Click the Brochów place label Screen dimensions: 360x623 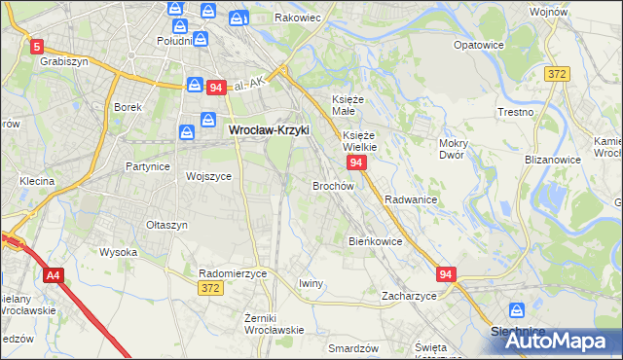(332, 185)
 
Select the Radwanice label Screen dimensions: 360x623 (410, 198)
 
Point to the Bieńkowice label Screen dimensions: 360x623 (375, 240)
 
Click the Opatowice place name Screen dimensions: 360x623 (479, 45)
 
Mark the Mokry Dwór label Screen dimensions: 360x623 (455, 149)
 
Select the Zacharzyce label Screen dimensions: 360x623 (409, 295)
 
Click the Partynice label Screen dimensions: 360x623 (148, 166)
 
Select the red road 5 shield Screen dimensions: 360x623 (37, 46)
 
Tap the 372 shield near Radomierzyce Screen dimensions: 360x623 (208, 288)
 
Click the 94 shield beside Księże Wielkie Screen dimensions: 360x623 (356, 162)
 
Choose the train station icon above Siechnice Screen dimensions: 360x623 (518, 310)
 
